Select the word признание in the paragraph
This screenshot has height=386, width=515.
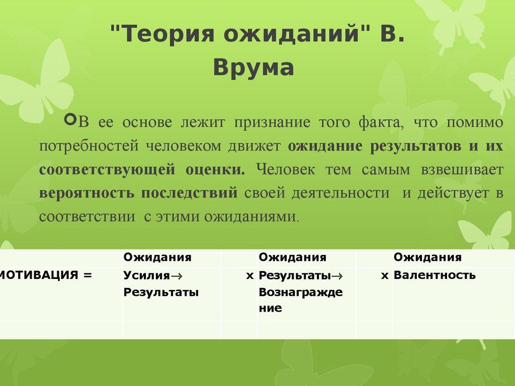coord(273,122)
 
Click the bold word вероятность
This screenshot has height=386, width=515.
coord(87,193)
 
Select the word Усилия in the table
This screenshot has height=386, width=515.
coord(144,275)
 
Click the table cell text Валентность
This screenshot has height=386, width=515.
coord(435,275)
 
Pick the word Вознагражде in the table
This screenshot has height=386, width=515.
coord(301,293)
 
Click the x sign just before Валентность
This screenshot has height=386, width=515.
coord(385,275)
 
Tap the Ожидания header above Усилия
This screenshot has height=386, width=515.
coord(157,258)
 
